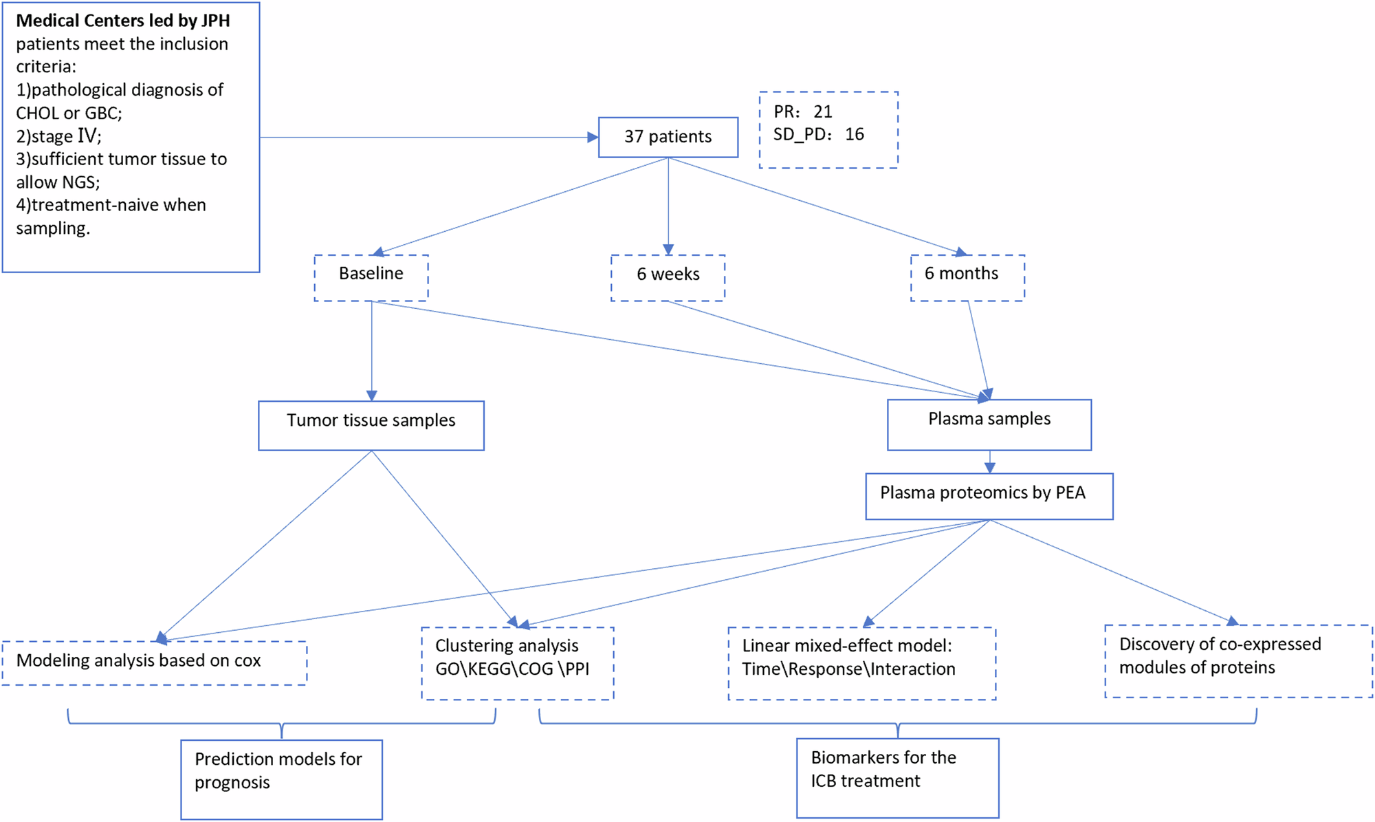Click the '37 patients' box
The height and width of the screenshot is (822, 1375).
(x=668, y=137)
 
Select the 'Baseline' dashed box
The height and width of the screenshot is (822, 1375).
(x=371, y=277)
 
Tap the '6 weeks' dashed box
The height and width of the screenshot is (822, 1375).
(x=668, y=277)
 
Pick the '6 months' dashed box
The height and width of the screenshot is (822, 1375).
(x=967, y=277)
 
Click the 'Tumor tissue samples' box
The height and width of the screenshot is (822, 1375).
(x=371, y=425)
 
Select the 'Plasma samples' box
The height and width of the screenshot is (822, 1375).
(x=989, y=424)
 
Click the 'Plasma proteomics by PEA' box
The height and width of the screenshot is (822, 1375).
(x=989, y=495)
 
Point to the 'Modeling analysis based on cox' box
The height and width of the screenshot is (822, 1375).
(x=154, y=662)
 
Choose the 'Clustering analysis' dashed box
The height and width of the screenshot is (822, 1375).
(x=517, y=662)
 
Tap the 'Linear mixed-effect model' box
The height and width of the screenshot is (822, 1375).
(x=861, y=662)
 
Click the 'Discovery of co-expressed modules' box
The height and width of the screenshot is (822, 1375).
(x=1237, y=660)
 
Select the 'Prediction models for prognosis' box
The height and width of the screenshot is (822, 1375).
(x=281, y=779)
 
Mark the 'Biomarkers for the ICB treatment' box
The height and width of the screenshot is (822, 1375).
(x=897, y=777)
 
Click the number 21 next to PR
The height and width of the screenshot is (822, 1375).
(x=823, y=111)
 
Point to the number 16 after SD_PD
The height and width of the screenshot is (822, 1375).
(x=854, y=134)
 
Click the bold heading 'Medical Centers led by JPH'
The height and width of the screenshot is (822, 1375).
(x=123, y=21)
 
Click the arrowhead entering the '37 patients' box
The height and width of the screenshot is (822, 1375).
(x=593, y=138)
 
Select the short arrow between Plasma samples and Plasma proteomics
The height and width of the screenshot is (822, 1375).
(x=989, y=462)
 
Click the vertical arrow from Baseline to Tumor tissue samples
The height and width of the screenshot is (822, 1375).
(x=371, y=351)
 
